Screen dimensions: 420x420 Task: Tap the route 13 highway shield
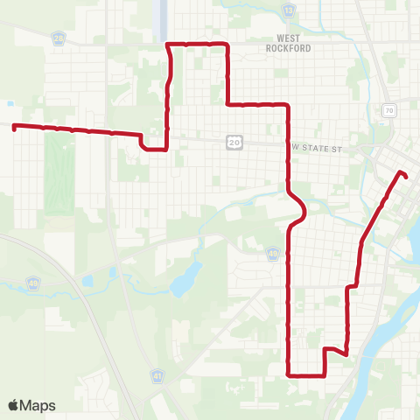(x=289, y=9)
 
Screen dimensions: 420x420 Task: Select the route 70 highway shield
(x=388, y=110)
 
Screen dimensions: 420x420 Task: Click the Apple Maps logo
(x=31, y=405)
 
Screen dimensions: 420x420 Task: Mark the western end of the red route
(x=14, y=127)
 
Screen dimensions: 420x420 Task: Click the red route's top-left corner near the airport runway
(x=168, y=44)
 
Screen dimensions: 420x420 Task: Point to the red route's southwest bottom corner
(x=289, y=374)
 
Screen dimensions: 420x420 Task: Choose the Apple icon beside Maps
(x=13, y=405)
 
